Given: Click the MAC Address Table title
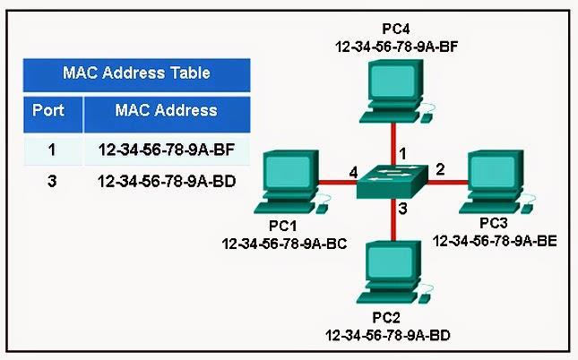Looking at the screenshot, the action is [x=136, y=73].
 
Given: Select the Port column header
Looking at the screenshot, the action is [x=48, y=110].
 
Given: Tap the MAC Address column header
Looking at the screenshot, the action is [x=167, y=110].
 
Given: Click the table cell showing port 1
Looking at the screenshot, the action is [x=52, y=150].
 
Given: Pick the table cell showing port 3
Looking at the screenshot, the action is [x=52, y=181].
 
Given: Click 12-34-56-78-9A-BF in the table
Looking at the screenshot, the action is [x=167, y=150].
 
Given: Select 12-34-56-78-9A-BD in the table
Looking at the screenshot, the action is [x=167, y=181].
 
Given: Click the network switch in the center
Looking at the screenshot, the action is [x=393, y=182].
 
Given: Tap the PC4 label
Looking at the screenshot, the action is [x=396, y=29].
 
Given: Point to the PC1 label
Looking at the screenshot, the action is [x=283, y=226].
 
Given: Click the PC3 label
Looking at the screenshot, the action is [x=493, y=223].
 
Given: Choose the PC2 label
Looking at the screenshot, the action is [x=386, y=317].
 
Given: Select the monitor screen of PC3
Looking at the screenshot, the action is [x=493, y=171].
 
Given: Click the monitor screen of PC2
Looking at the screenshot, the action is [x=390, y=262].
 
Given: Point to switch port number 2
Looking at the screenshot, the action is [x=440, y=169].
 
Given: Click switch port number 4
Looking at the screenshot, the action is [x=353, y=173].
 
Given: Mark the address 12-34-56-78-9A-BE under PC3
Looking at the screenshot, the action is [x=495, y=241].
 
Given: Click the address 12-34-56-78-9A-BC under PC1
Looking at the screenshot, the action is [x=284, y=244].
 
